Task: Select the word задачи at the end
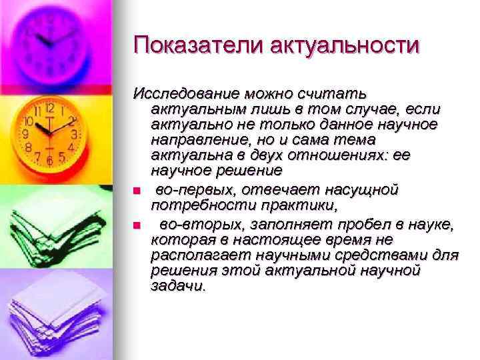(x=179, y=287)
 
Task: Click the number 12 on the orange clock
(x=50, y=107)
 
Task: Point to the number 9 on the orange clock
(x=27, y=133)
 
